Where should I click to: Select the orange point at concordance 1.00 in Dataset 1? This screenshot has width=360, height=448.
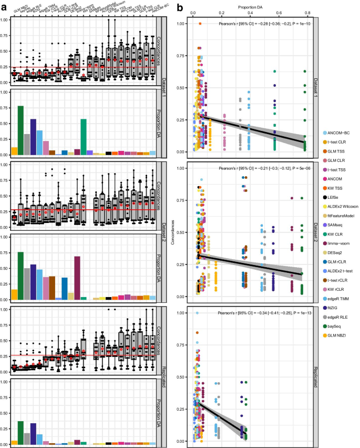pos(200,24)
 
